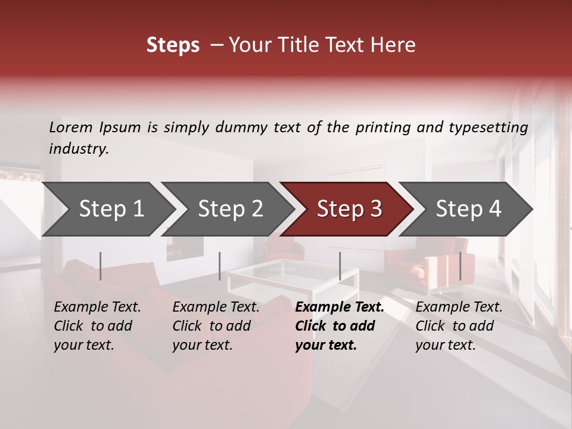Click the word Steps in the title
pos(173,45)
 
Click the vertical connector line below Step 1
pos(101,266)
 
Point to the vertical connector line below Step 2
pos(220,266)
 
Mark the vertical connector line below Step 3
pos(340,266)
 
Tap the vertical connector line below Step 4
pos(460,266)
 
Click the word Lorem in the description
pos(71,128)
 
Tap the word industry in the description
pos(78,149)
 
